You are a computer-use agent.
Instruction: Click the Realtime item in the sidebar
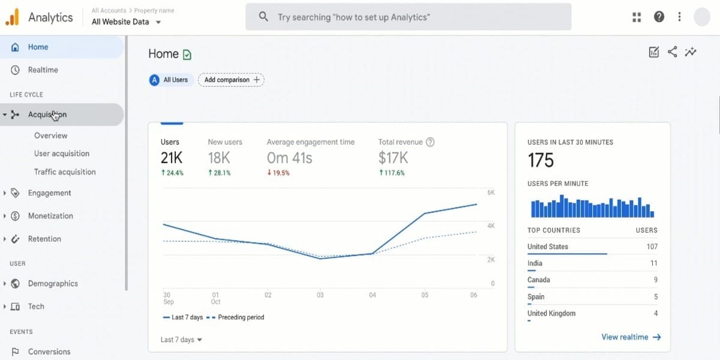pos(43,70)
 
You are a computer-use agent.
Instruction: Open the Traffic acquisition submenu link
pos(65,172)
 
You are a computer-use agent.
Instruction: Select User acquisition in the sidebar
pos(62,154)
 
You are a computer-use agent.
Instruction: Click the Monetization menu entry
pos(50,216)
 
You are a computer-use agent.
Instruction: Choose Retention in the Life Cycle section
pos(44,239)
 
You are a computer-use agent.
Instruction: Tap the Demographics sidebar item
pos(53,284)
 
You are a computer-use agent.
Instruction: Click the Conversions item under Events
pos(49,352)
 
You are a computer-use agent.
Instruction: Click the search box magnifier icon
pos(263,17)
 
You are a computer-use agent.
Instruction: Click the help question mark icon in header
pos(659,17)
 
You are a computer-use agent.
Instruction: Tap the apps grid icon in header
pos(637,17)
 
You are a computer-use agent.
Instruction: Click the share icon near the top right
pos(672,52)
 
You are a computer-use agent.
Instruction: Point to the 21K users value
pos(172,158)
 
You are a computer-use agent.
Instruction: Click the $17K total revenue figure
pos(393,158)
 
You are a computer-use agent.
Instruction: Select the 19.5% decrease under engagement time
pos(278,173)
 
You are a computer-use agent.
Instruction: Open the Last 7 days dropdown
pos(181,340)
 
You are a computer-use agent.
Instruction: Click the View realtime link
pos(631,337)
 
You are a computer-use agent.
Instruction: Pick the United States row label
pos(547,247)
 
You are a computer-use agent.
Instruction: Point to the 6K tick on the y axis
pos(490,193)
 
